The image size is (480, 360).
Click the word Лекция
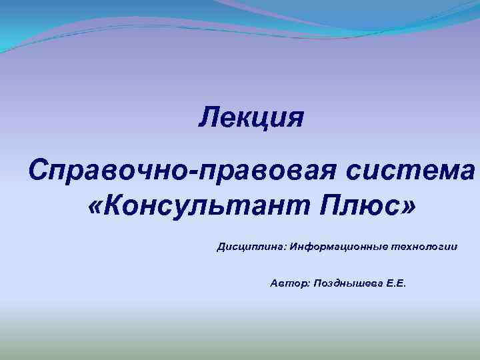[251, 118]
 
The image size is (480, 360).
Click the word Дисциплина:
[251, 247]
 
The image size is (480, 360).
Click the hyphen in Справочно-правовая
[192, 168]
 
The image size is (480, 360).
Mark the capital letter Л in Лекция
[209, 118]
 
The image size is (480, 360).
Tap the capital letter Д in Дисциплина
[221, 247]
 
